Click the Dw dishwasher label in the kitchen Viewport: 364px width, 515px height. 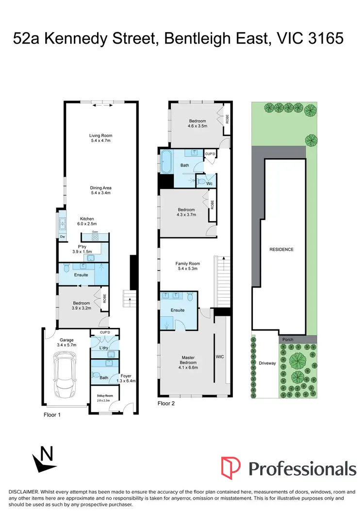coord(62,237)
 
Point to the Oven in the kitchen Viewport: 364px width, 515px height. coord(95,232)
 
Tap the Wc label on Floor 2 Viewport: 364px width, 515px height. coord(209,184)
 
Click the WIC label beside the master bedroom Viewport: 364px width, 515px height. coord(219,357)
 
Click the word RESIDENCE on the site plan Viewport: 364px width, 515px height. coord(281,249)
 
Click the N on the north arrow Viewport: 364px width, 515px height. coord(47,455)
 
